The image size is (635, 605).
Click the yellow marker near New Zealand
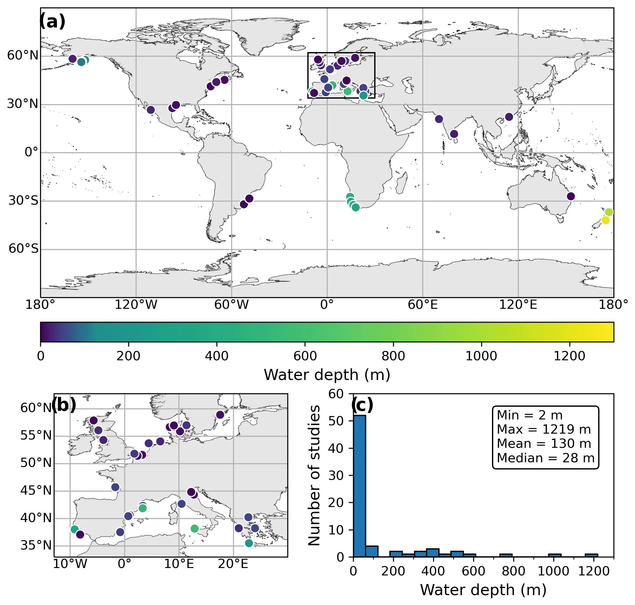point(605,220)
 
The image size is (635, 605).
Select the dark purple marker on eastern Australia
point(571,196)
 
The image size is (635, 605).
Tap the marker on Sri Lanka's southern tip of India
point(454,134)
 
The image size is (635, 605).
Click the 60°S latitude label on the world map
point(23,249)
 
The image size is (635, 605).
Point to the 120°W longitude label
point(136,305)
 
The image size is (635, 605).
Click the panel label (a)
point(52,22)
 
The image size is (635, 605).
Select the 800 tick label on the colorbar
point(393,356)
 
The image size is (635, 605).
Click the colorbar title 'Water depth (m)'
point(327,375)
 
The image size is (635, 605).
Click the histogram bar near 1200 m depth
point(591,555)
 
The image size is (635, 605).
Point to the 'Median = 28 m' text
point(545,458)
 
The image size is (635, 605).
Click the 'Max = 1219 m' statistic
point(544,430)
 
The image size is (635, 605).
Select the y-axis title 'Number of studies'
point(314,476)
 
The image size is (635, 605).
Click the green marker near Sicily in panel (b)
point(195,528)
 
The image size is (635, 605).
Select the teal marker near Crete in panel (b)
point(249,543)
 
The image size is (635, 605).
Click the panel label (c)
point(362,405)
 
